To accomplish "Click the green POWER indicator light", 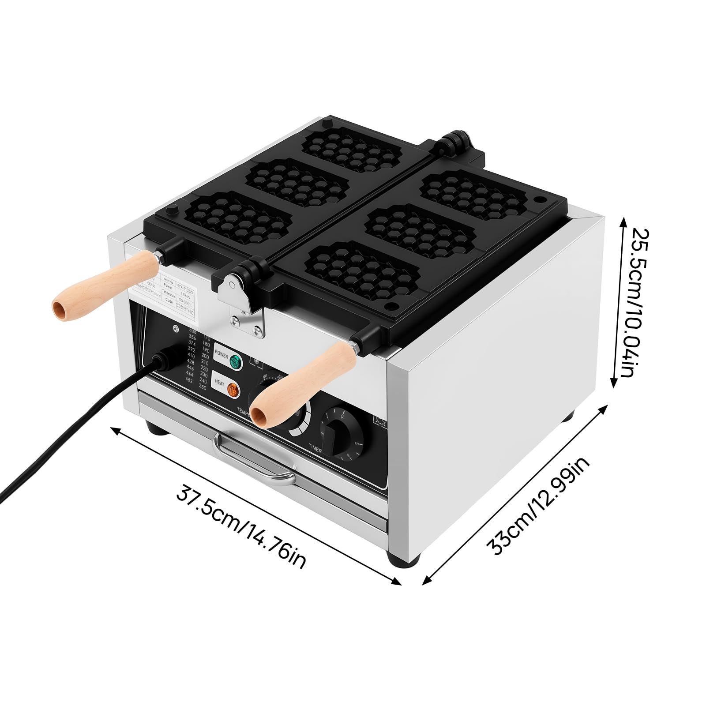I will [236, 362].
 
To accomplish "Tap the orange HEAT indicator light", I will [232, 390].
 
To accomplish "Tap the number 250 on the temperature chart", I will [203, 387].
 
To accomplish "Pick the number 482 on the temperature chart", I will [190, 381].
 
